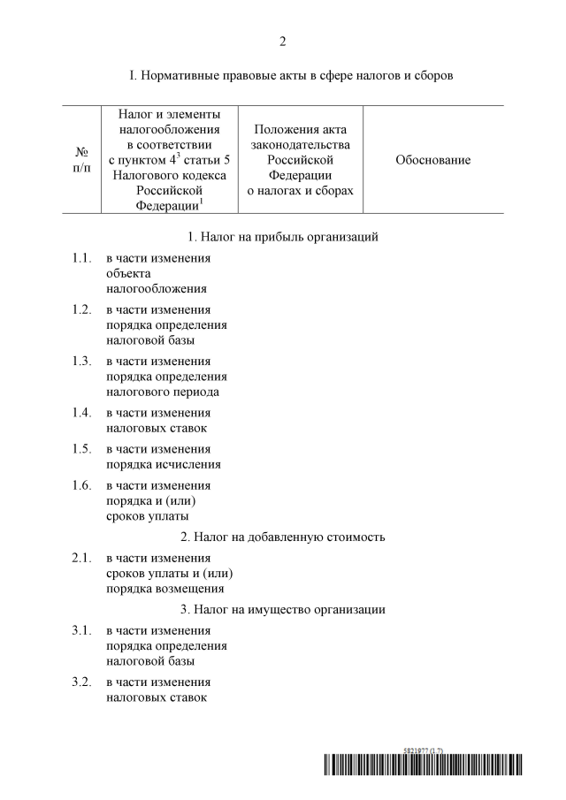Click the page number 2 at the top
[283, 41]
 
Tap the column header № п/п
[80, 160]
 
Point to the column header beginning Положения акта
[300, 160]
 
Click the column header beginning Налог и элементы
[169, 160]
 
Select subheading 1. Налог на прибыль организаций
[283, 237]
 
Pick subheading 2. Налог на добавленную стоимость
[283, 537]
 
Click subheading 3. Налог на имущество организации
[283, 609]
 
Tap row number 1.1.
[81, 258]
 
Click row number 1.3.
[81, 362]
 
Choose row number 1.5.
[81, 448]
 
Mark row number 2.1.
[81, 558]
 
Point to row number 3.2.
[81, 682]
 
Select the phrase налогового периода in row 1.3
[163, 392]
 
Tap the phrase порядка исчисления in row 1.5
[164, 464]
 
